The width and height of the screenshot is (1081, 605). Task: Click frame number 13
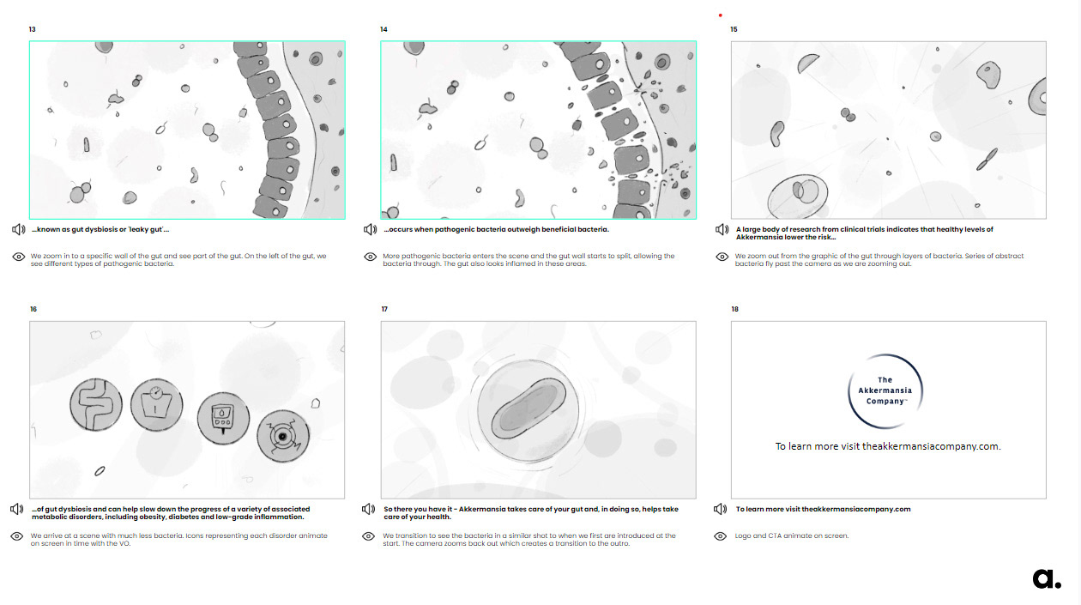[33, 29]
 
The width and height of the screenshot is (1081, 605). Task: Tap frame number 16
[33, 309]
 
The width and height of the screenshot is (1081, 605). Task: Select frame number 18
[734, 309]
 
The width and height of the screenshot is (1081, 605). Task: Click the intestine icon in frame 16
[95, 404]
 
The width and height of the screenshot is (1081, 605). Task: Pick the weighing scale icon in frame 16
[156, 405]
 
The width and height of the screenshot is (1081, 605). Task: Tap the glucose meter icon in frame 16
[223, 418]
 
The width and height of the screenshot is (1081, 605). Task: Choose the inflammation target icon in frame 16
[283, 436]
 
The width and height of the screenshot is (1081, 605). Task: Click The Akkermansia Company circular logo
[885, 391]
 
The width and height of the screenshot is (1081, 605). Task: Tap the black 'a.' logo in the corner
[1047, 578]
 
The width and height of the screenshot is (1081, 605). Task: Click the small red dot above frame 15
[720, 15]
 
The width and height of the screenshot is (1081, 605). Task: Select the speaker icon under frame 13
[18, 229]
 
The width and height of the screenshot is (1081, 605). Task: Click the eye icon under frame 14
[370, 257]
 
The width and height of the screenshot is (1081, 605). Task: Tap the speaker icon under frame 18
[720, 509]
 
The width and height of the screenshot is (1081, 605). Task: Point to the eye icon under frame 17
[368, 536]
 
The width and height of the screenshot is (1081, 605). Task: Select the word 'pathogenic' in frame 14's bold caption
[451, 229]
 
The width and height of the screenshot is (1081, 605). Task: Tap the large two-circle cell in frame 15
[797, 197]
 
